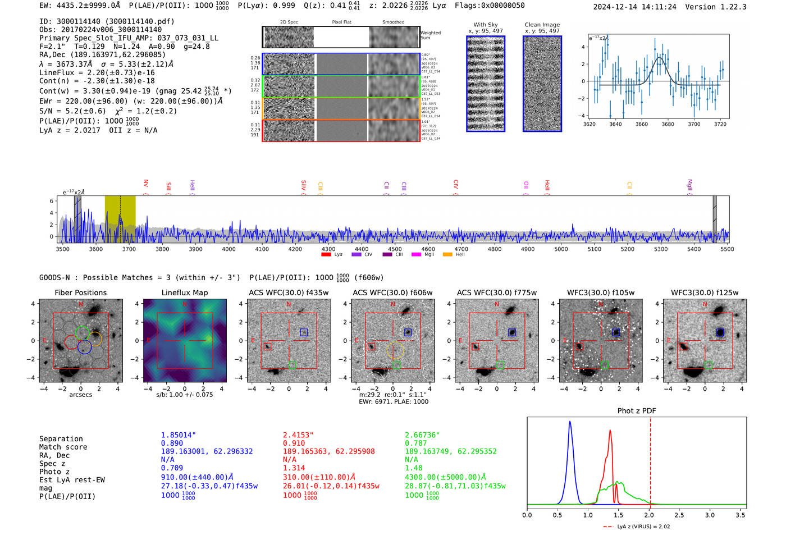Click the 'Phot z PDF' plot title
pos(636,411)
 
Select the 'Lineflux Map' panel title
pos(184,292)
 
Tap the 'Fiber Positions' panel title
pos(80,292)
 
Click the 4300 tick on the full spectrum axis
pos(328,249)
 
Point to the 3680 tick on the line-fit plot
pos(668,124)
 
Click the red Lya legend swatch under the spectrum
pos(326,254)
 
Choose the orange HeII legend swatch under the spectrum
pos(447,254)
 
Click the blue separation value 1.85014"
pos(179,435)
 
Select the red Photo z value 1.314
pos(294,468)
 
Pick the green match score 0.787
pos(416,443)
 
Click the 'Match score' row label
pos(63,447)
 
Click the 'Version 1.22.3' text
pos(716,7)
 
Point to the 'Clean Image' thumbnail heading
pos(542,25)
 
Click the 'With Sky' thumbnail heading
pos(485,25)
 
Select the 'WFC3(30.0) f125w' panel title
pos(705,292)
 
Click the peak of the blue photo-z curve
pos(570,422)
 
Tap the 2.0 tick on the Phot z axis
pos(649,515)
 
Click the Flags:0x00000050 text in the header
pos(490,6)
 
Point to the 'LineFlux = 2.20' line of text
pos(97,72)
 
